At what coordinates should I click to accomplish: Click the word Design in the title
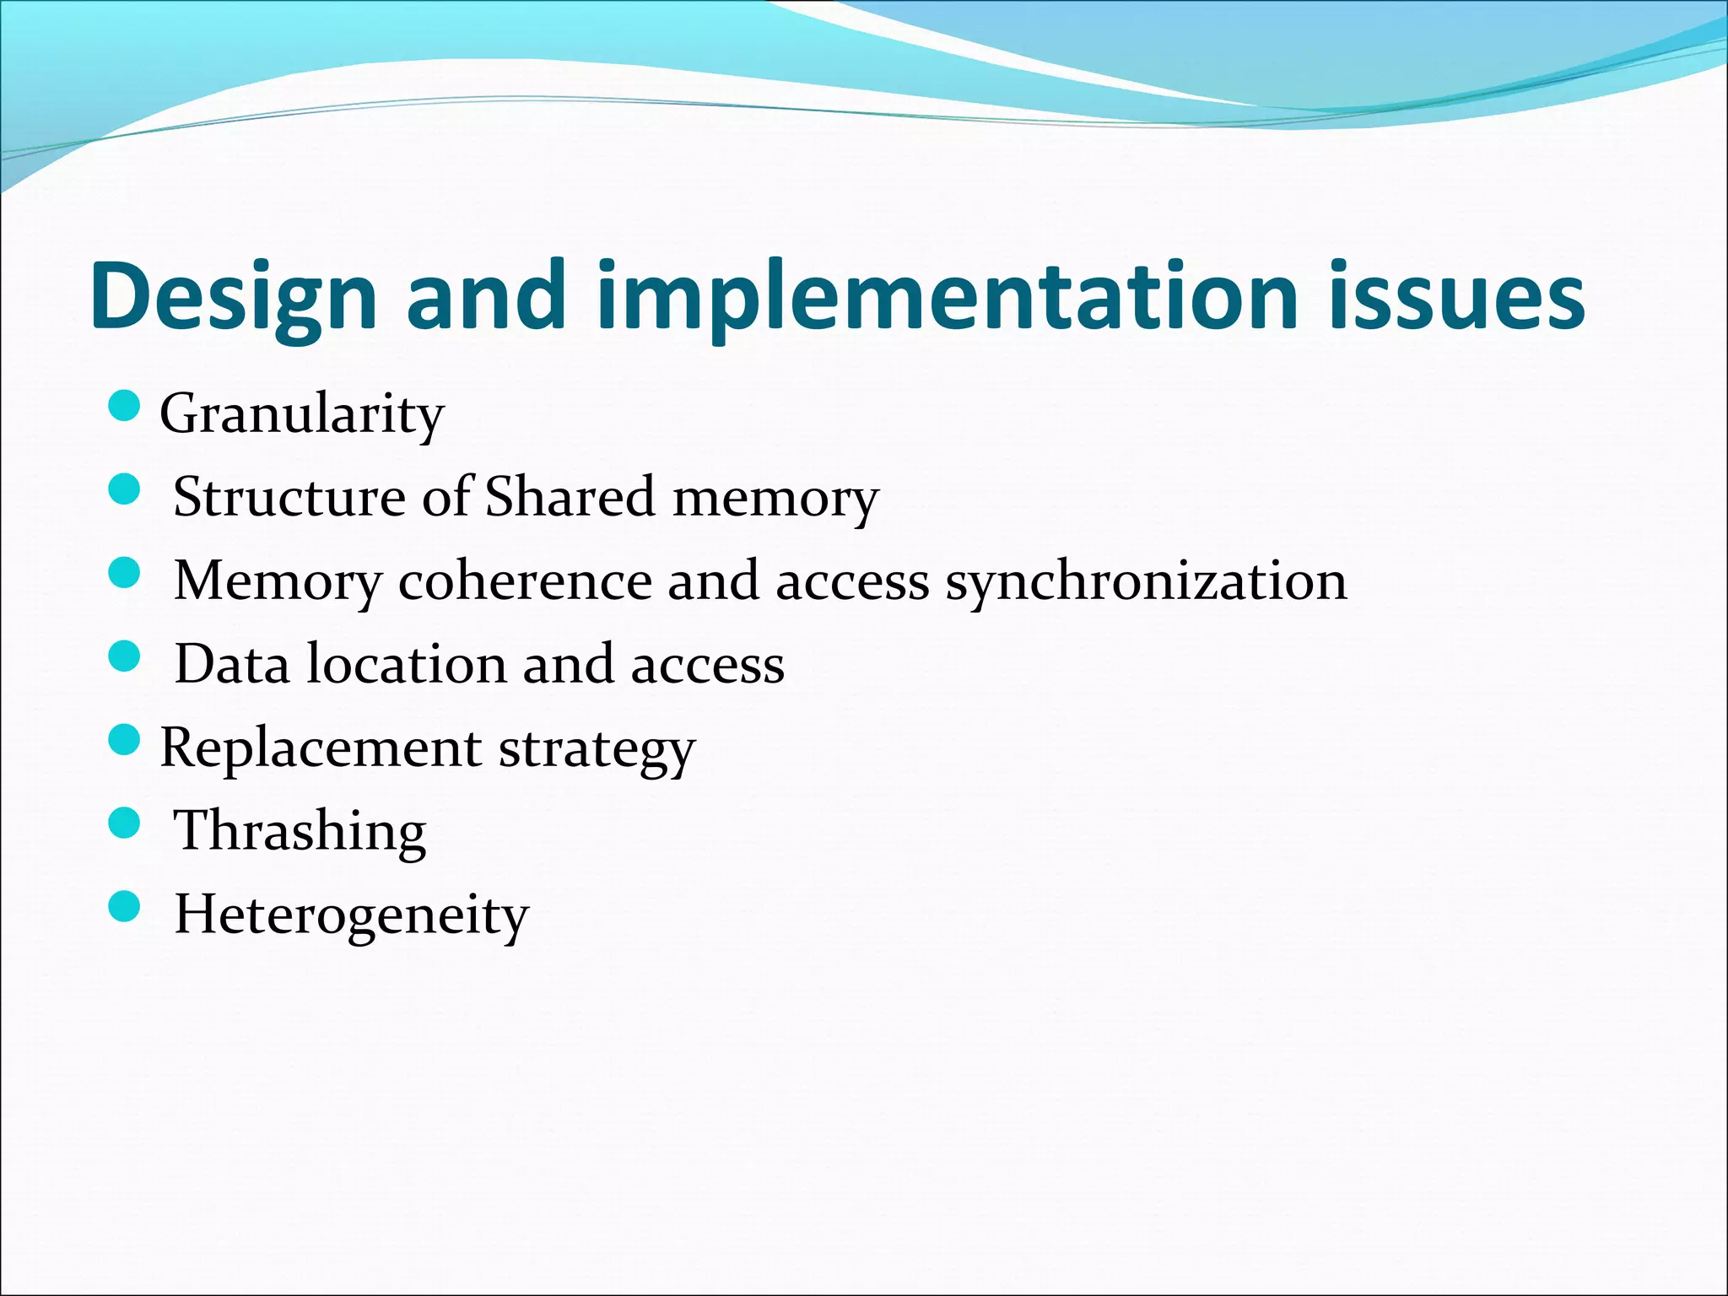tap(234, 297)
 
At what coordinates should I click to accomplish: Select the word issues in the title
tap(1456, 297)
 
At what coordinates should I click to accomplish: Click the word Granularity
tap(301, 414)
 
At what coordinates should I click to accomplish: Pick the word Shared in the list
tap(570, 496)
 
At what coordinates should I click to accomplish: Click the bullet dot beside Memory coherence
tap(124, 573)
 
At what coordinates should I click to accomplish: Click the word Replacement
tap(321, 748)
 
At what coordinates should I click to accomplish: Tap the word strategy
tap(597, 748)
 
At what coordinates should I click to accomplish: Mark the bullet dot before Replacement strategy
tap(124, 740)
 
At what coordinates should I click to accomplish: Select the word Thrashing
tap(300, 831)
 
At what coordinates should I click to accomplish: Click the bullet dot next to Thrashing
tap(124, 823)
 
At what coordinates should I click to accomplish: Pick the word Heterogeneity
tap(351, 915)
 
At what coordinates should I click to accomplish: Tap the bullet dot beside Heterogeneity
tap(124, 907)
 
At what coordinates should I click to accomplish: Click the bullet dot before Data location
tap(124, 656)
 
